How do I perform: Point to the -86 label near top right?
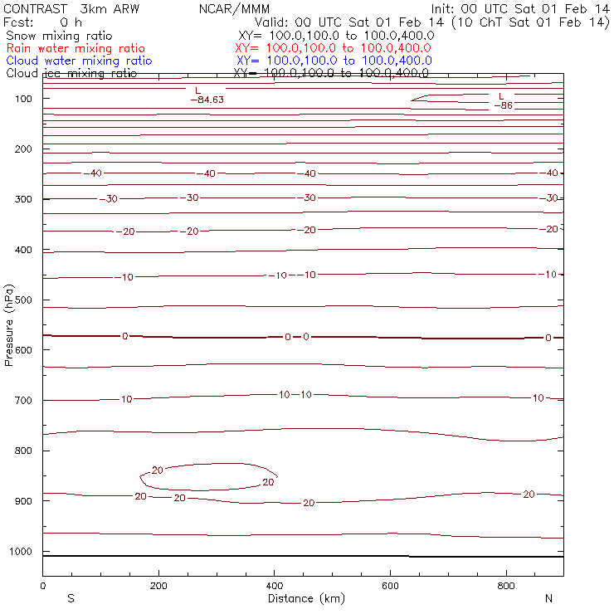(504, 105)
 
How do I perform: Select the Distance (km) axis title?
(303, 598)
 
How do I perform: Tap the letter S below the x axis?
(71, 598)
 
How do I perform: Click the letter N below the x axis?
(548, 598)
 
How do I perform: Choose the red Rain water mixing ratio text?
(75, 49)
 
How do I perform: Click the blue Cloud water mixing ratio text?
(79, 61)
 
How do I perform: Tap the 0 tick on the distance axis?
(42, 587)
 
